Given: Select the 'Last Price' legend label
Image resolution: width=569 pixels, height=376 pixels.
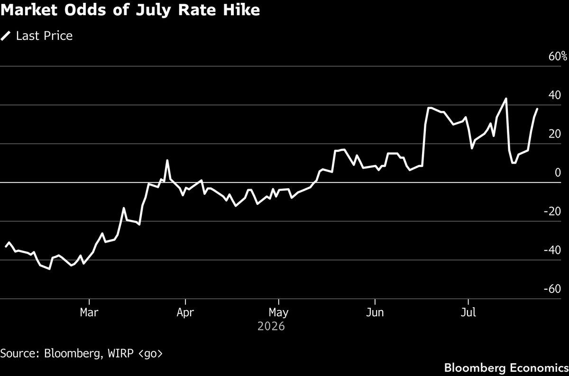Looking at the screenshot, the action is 44,36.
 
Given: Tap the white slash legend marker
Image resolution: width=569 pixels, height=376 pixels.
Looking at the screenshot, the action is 6,36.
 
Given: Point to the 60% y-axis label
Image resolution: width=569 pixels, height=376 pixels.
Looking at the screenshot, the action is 557,56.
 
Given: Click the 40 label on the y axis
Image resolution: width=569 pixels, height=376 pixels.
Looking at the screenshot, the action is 554,95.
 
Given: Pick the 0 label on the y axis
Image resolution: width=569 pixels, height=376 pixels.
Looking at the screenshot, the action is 558,173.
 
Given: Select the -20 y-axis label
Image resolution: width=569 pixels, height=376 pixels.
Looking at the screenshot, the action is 552,211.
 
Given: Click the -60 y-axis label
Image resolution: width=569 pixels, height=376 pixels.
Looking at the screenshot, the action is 552,289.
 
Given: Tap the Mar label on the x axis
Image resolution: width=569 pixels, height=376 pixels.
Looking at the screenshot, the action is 89,312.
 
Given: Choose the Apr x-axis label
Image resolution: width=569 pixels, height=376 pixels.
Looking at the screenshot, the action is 185,313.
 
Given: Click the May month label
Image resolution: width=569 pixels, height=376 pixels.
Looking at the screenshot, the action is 278,313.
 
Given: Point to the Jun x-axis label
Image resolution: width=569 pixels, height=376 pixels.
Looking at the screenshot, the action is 375,312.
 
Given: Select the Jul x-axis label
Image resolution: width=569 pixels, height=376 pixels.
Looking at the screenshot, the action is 468,312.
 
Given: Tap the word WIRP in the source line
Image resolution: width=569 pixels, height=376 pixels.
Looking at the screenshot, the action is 120,353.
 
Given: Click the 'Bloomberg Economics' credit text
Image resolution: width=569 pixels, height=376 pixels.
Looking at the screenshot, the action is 506,368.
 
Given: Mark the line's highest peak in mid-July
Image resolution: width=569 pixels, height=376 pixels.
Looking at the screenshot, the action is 506,99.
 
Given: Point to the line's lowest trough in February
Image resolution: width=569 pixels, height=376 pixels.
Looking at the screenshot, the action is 49,269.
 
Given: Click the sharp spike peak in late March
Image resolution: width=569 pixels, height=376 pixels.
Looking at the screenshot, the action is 167,160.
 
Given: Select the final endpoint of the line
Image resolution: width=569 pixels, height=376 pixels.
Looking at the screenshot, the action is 537,109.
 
